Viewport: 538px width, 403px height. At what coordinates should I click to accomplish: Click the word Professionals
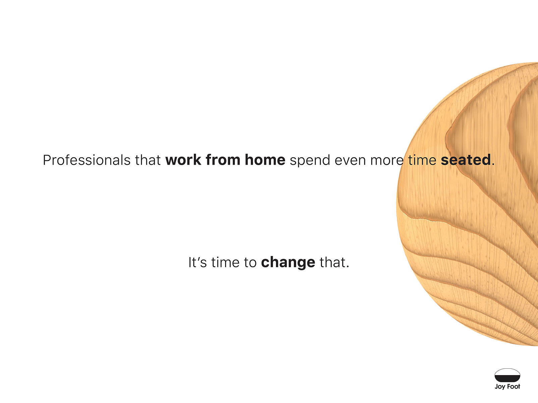tap(87, 160)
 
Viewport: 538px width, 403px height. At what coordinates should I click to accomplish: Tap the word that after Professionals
tap(148, 160)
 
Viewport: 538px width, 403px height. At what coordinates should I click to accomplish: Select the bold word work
tap(183, 160)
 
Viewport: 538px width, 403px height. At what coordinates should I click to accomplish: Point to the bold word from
tap(223, 160)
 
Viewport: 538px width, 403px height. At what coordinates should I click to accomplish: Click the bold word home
tap(265, 160)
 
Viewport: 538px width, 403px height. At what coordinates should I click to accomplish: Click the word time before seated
tap(422, 160)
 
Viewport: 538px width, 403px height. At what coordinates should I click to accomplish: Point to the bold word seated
tap(466, 160)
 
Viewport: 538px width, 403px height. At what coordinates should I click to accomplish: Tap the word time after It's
tap(225, 262)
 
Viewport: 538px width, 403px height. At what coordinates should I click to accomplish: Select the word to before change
tap(250, 263)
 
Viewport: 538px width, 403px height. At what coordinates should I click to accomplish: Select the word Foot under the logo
tap(514, 387)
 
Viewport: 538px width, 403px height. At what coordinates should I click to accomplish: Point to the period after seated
tap(493, 165)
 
